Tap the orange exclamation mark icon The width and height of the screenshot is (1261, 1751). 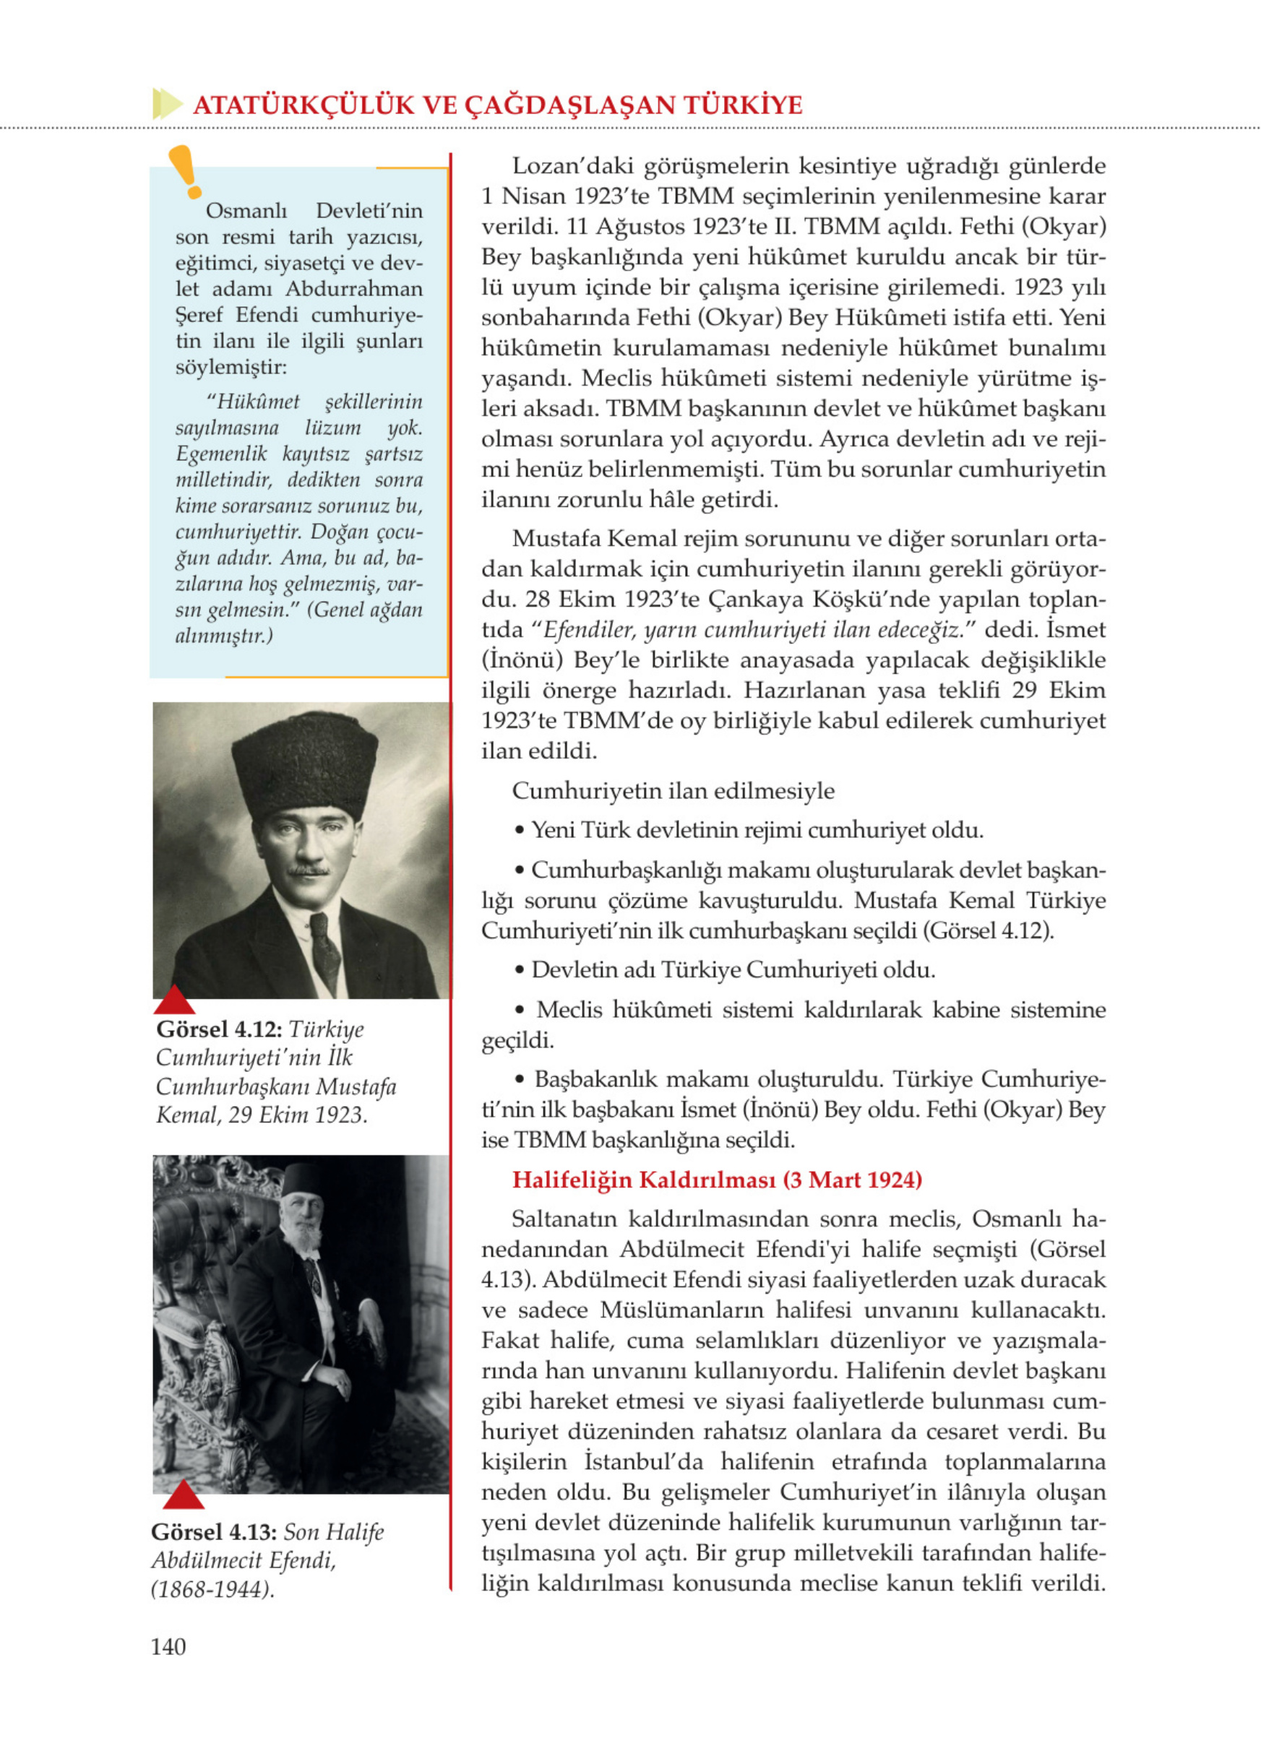point(185,171)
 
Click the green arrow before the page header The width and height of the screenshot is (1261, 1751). point(167,103)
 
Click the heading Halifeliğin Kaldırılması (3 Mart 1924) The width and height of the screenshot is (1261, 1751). point(717,1180)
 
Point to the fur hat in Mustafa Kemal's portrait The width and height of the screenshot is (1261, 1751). point(304,764)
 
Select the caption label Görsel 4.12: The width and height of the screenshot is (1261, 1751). point(219,1029)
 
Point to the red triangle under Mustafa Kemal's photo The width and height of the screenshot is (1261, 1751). point(175,1000)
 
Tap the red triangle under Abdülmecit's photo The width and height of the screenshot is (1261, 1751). point(184,1495)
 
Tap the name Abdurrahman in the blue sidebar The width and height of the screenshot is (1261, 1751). point(353,289)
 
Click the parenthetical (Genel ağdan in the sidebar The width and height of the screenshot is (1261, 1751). point(364,609)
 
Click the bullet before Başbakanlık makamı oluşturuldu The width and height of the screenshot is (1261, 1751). point(520,1079)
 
